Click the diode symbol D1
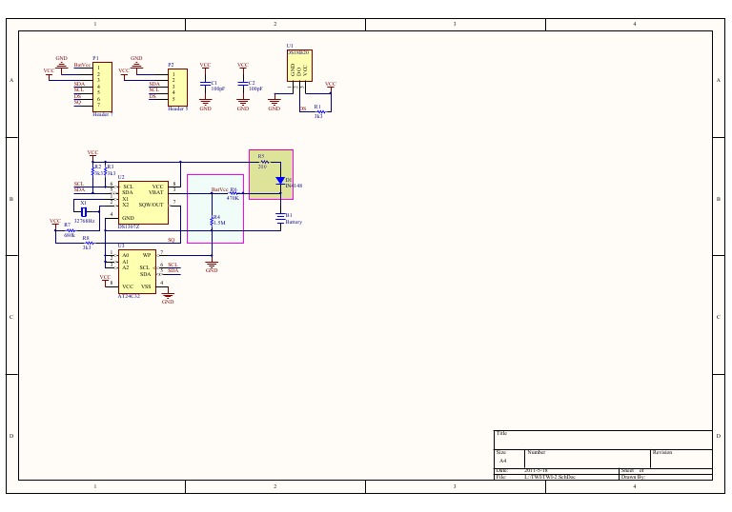[x=280, y=179]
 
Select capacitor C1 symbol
[x=205, y=85]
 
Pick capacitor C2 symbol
[x=243, y=85]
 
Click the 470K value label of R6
[x=233, y=198]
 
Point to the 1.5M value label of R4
[x=218, y=223]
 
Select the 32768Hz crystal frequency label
[x=85, y=221]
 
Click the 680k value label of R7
[x=69, y=234]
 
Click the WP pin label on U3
[x=147, y=255]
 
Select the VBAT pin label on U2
[x=156, y=193]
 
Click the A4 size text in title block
[x=503, y=460]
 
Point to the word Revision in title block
[x=662, y=452]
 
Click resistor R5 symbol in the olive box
[x=264, y=162]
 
